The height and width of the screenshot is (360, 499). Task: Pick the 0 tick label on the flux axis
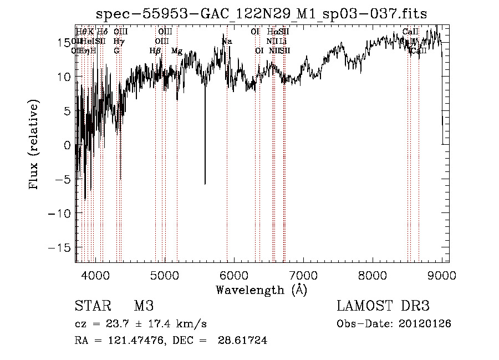(x=68, y=145)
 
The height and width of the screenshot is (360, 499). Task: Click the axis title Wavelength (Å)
(x=261, y=290)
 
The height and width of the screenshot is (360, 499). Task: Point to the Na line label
(x=227, y=42)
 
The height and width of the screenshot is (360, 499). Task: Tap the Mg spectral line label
(x=177, y=51)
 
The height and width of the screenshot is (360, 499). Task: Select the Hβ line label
(x=155, y=51)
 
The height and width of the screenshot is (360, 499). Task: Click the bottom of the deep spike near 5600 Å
(x=205, y=184)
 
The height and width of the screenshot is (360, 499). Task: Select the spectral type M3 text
(x=144, y=306)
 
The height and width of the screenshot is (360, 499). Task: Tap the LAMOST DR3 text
(x=383, y=306)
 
